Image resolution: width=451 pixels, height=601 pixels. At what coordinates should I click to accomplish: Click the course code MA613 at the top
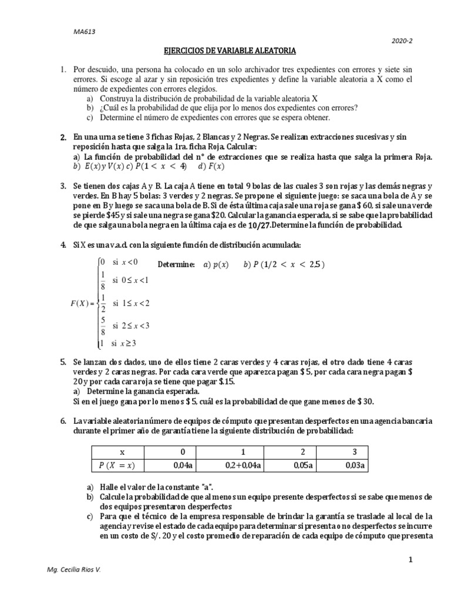click(74, 32)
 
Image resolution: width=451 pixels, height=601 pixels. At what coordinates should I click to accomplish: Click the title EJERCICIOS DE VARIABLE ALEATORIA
click(225, 52)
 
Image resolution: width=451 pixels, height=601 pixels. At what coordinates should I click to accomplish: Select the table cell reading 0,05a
click(302, 465)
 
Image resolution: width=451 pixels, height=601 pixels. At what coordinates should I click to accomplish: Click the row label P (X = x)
click(122, 465)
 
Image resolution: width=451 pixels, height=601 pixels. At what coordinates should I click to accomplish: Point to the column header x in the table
click(122, 452)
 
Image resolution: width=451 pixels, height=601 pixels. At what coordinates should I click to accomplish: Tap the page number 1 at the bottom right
click(412, 561)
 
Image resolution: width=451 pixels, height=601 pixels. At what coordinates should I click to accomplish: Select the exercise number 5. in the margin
click(63, 364)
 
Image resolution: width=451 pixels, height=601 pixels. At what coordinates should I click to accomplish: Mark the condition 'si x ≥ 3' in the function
click(120, 343)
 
